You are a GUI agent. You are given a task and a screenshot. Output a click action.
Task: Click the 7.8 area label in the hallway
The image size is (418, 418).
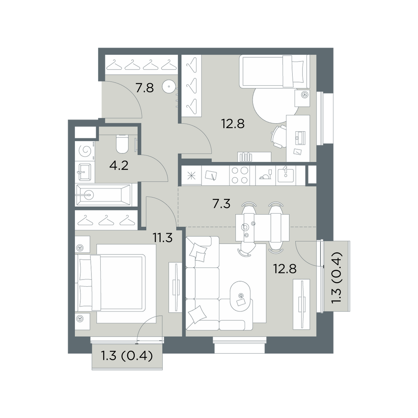pyautogui.click(x=145, y=88)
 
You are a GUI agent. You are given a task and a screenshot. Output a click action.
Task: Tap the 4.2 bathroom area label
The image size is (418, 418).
pyautogui.click(x=119, y=166)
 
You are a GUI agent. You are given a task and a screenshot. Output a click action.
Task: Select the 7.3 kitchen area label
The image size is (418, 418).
pyautogui.click(x=221, y=204)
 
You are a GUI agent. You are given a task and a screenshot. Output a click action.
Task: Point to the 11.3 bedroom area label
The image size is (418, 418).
pyautogui.click(x=163, y=237)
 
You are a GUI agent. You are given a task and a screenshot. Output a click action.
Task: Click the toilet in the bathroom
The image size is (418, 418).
pyautogui.click(x=122, y=144)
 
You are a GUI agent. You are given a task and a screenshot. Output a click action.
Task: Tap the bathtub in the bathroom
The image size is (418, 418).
pyautogui.click(x=103, y=195)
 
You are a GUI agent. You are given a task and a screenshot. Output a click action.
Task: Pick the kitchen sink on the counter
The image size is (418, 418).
pyautogui.click(x=286, y=175)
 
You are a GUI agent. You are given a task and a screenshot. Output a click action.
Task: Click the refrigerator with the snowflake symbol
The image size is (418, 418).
pyautogui.click(x=191, y=176)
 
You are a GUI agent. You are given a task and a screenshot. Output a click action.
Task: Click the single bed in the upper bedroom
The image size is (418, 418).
pyautogui.click(x=275, y=71)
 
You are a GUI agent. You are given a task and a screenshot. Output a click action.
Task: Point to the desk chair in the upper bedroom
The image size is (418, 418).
pyautogui.click(x=279, y=136)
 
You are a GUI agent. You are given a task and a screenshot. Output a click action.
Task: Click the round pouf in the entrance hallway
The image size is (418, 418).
pyautogui.click(x=169, y=87)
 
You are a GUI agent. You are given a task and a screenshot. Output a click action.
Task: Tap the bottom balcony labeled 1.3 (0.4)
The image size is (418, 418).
pyautogui.click(x=127, y=356)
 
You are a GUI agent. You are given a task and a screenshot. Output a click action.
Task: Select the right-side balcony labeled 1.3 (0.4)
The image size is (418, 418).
pyautogui.click(x=336, y=276)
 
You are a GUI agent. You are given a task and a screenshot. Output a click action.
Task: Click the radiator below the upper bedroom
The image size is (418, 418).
pyautogui.click(x=246, y=157)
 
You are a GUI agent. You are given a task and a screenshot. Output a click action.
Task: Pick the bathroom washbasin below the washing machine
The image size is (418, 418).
pyautogui.click(x=85, y=172)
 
